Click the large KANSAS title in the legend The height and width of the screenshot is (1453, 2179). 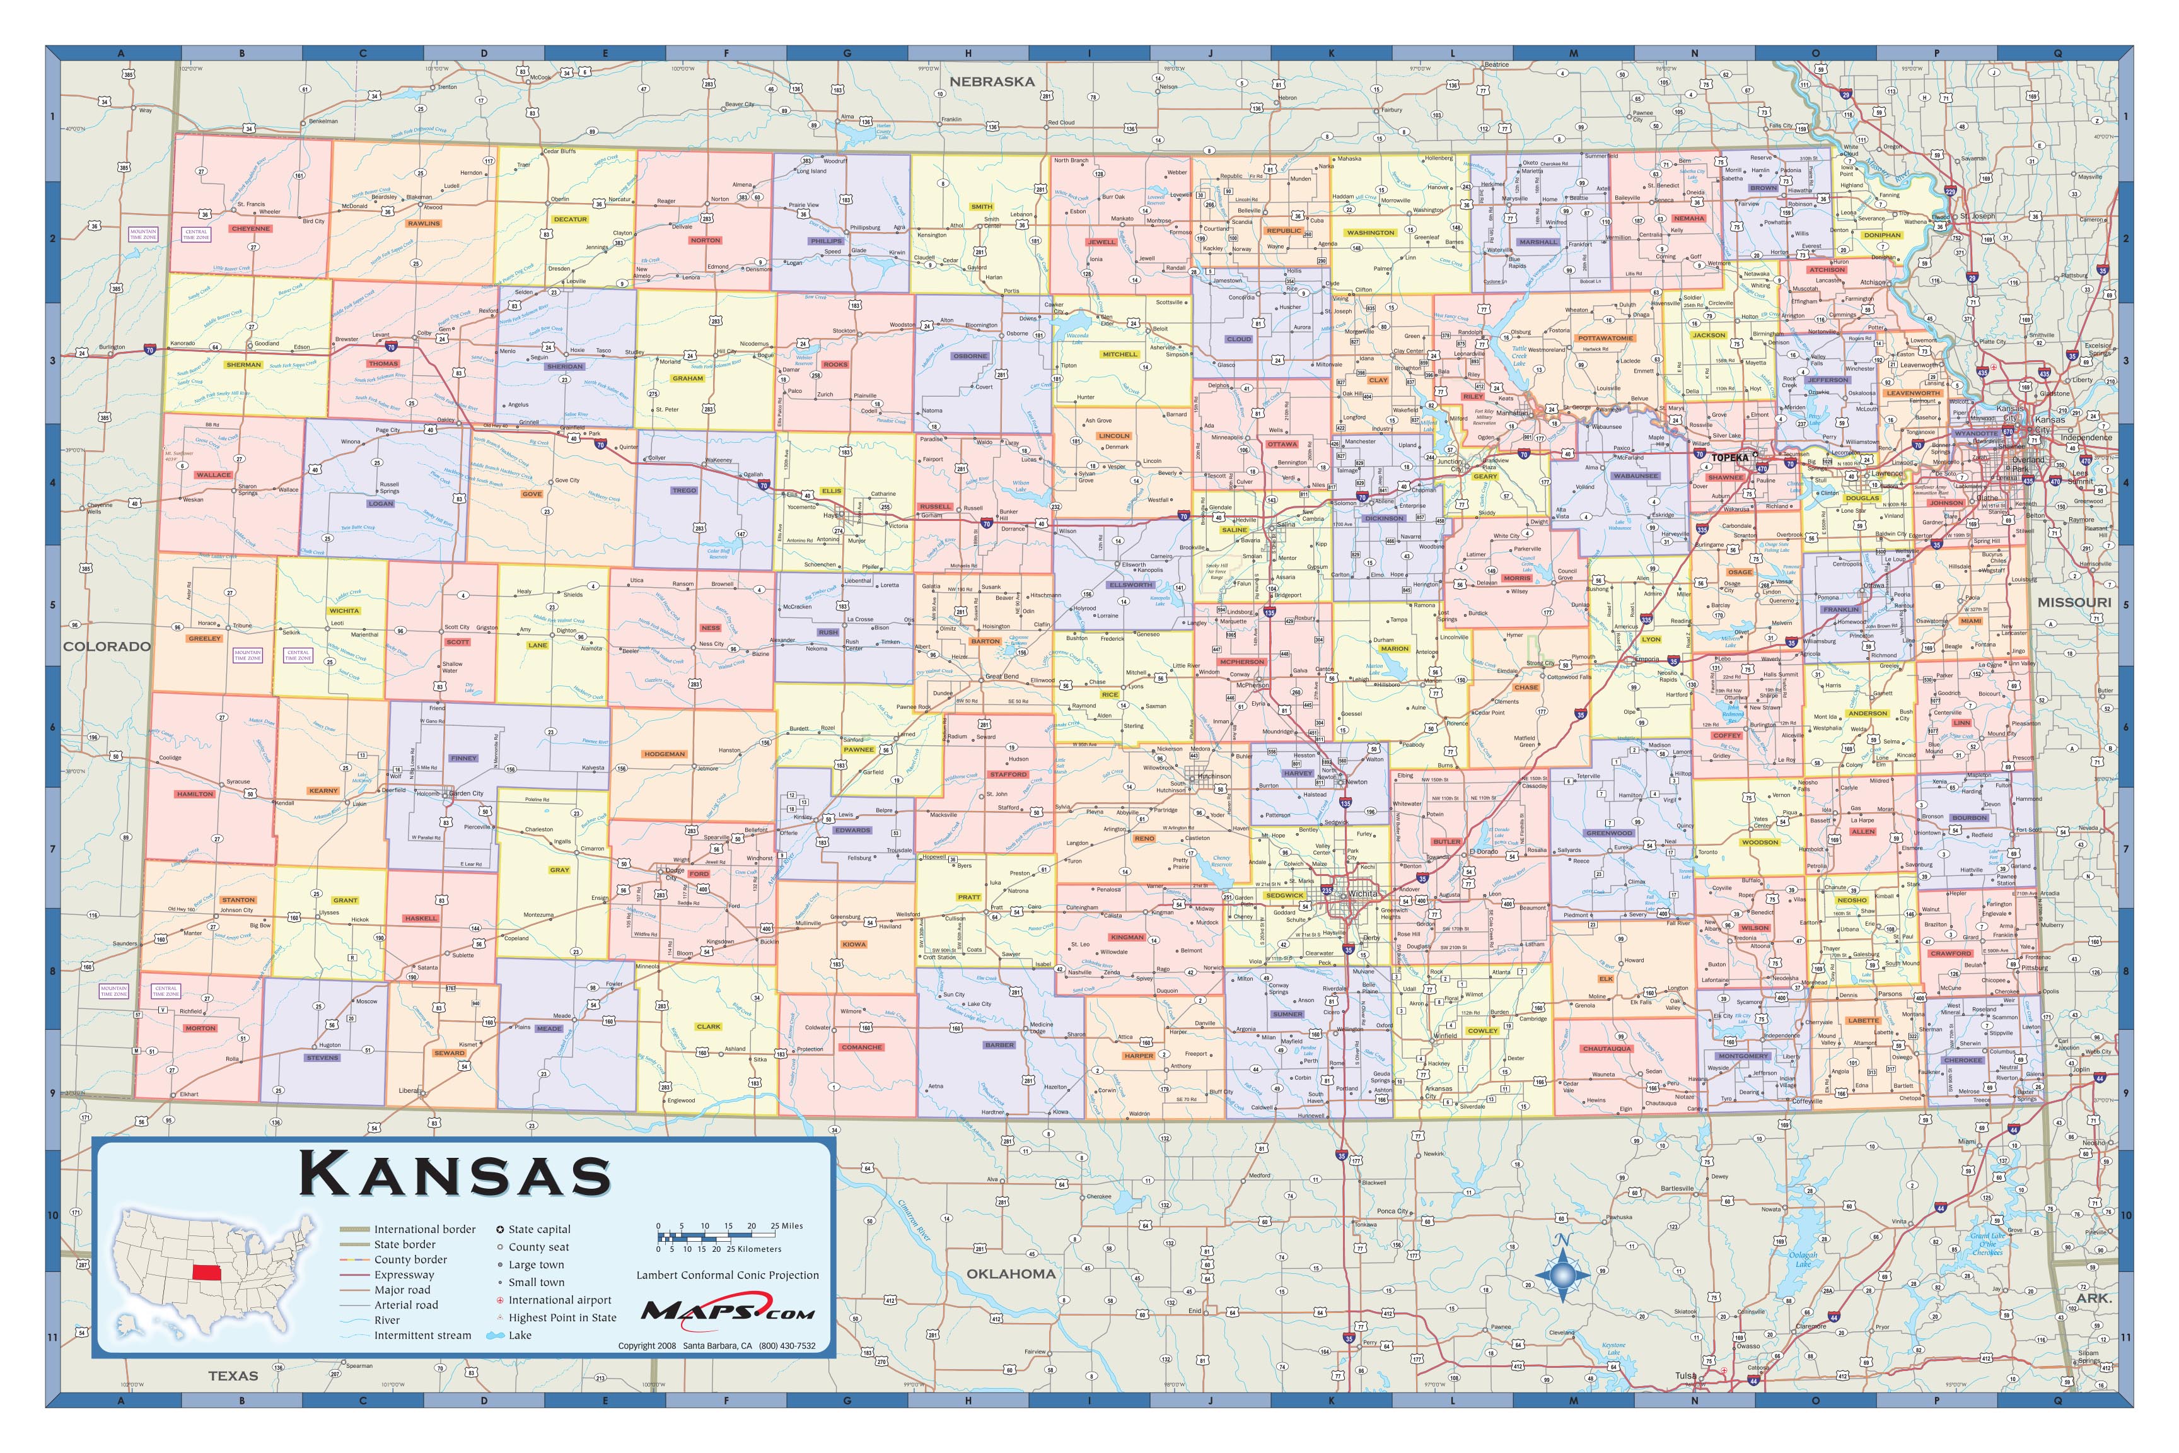[455, 1175]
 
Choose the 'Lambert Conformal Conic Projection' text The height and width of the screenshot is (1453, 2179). [727, 1275]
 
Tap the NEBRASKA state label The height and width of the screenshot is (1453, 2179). [991, 81]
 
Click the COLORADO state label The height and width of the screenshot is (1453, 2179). [107, 646]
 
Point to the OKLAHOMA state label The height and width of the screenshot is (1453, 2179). [1011, 1273]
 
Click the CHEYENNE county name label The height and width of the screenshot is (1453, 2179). [251, 228]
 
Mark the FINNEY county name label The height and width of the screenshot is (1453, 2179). [463, 758]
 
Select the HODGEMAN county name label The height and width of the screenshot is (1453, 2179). [665, 754]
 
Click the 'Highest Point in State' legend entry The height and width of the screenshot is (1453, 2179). [561, 1317]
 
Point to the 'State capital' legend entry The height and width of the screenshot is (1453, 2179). [539, 1230]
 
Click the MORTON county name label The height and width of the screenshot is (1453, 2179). [200, 1028]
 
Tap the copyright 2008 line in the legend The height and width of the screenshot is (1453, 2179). [716, 1346]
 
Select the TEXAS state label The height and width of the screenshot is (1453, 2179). [233, 1375]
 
